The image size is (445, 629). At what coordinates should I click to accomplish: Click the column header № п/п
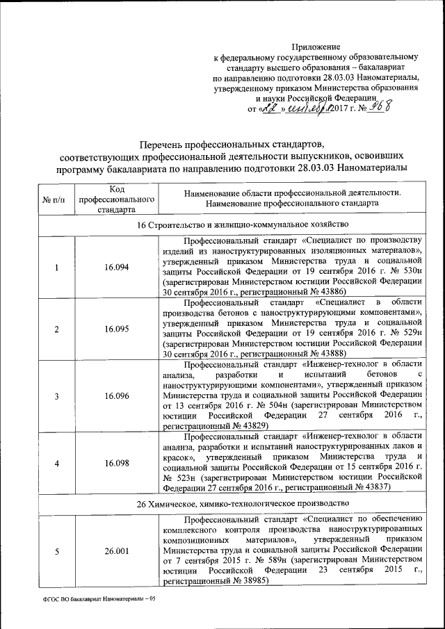coord(54,200)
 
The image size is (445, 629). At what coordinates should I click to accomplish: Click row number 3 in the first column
coord(56,395)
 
